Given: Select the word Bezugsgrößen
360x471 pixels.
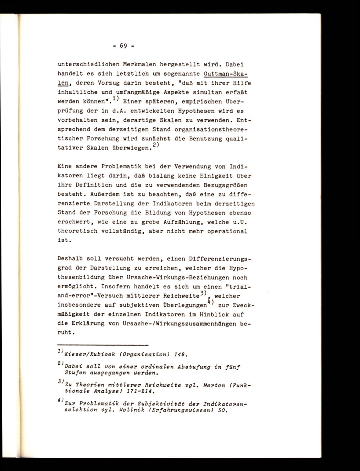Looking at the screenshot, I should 227,185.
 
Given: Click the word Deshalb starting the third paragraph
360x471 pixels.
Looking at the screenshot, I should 70,259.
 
